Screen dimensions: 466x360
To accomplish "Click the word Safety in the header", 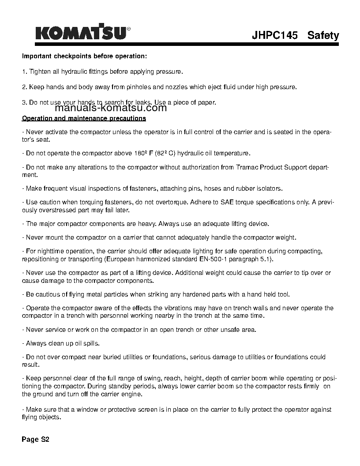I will [323, 35].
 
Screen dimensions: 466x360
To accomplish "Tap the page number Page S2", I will [36, 440].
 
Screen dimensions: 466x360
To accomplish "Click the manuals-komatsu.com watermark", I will [111, 108].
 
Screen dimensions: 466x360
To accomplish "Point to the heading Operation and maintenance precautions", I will [84, 118].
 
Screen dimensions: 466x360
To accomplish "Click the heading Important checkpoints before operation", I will [84, 56].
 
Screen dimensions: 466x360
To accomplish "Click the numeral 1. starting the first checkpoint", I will [25, 71].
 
